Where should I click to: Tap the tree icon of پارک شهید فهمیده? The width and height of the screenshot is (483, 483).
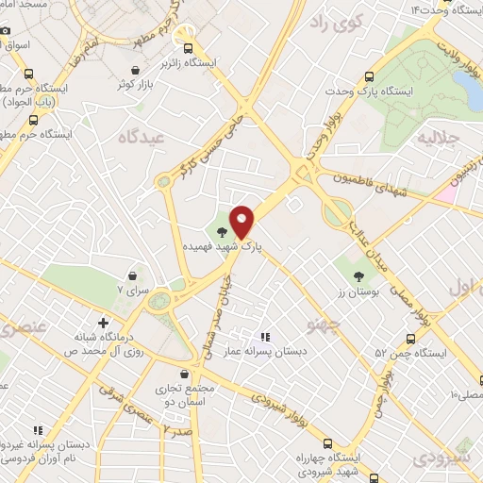pos(223,231)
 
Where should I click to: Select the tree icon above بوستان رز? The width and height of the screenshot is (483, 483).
pos(358,277)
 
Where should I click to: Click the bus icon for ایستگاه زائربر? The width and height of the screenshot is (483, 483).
pos(189,49)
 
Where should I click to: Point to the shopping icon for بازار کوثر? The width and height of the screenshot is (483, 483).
pos(136,70)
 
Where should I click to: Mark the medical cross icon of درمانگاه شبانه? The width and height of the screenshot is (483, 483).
pos(104,323)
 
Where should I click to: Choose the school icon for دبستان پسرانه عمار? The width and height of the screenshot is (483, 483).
pos(265,336)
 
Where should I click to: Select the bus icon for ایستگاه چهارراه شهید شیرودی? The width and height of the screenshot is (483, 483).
pos(327,443)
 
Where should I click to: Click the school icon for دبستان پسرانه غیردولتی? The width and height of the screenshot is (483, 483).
pos(38,429)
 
